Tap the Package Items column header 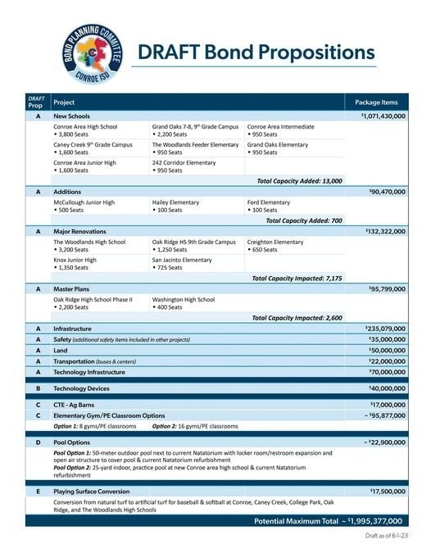coord(377,102)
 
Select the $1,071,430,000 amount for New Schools coord(383,117)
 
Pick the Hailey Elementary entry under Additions coord(172,202)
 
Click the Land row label coord(61,349)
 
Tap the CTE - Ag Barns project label coord(75,404)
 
